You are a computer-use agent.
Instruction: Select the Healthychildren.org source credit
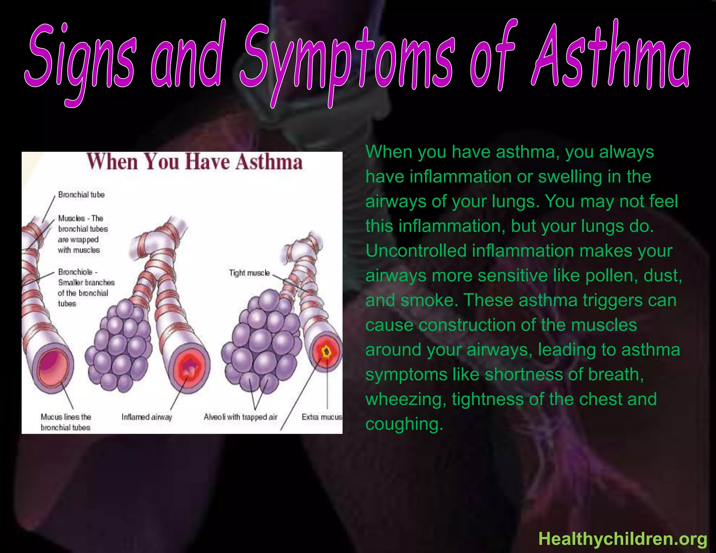click(623, 539)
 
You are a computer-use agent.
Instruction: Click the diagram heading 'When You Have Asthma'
click(194, 162)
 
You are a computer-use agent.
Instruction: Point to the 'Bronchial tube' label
click(81, 195)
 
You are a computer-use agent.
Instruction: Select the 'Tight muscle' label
click(249, 273)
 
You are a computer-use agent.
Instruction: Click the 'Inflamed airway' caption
click(146, 417)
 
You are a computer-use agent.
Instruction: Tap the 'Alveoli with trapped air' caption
click(240, 417)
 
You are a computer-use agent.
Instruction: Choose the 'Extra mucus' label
click(322, 417)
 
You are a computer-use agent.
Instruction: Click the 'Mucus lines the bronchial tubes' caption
click(66, 422)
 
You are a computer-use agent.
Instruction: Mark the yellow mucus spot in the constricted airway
click(327, 352)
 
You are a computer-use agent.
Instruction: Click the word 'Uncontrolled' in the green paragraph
click(416, 251)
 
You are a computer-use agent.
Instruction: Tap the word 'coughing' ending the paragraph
click(404, 424)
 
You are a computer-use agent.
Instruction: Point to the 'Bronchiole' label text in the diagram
click(76, 272)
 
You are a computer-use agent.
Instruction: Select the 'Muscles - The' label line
click(80, 218)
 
